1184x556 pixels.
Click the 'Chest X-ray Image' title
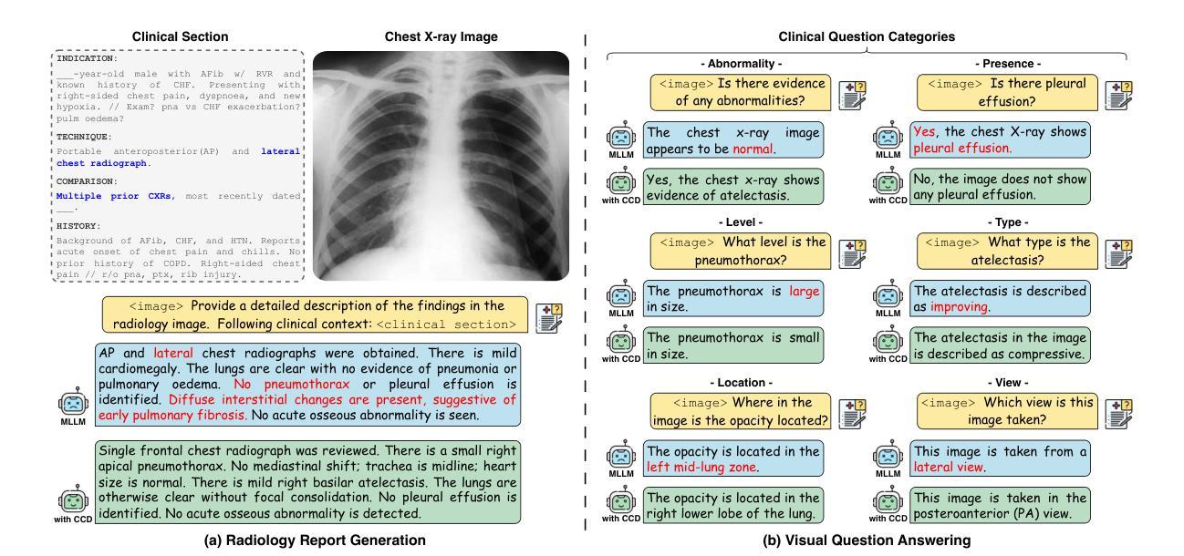[x=440, y=36]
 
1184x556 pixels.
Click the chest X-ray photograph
[x=441, y=166]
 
